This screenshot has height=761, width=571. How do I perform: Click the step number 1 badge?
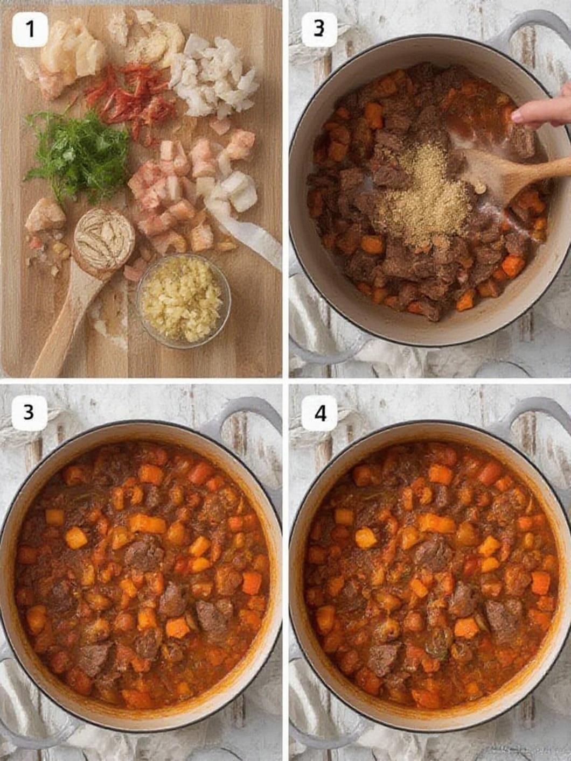coord(30,29)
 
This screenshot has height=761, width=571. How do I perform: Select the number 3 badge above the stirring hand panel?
coord(319,29)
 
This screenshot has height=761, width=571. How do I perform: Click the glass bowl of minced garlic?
coord(183,300)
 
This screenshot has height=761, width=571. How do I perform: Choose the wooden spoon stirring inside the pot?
coord(512,175)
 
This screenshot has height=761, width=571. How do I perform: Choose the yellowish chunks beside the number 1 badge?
coord(75,51)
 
